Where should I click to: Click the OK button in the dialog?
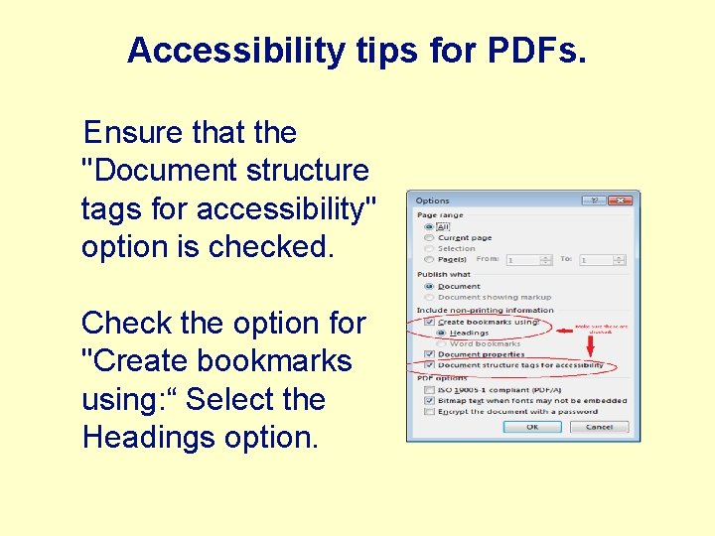coord(531,427)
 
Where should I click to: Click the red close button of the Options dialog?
coord(621,201)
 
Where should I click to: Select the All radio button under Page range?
coord(428,226)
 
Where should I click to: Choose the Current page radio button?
coord(428,238)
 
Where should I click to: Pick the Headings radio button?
coord(441,333)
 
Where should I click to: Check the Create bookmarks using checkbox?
coord(428,322)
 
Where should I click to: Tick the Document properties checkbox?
coord(428,354)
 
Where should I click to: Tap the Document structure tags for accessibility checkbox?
coord(428,365)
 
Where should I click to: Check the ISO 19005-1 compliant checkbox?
coord(428,389)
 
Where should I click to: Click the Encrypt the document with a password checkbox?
coord(428,411)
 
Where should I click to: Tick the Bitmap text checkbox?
coord(428,400)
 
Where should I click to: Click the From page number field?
coord(522,260)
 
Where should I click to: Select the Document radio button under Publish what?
coord(428,286)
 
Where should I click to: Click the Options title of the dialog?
coord(433,201)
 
